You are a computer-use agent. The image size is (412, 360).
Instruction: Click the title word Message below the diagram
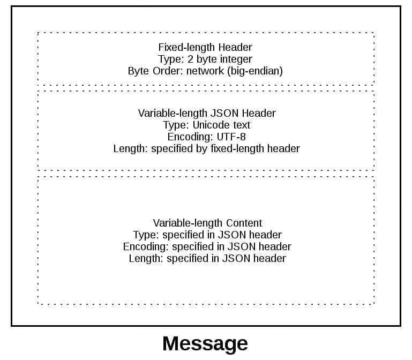pyautogui.click(x=205, y=343)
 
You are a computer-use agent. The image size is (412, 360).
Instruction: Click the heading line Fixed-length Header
pyautogui.click(x=205, y=47)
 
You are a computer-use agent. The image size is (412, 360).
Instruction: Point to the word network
pyautogui.click(x=203, y=71)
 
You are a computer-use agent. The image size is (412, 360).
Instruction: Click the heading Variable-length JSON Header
pyautogui.click(x=207, y=113)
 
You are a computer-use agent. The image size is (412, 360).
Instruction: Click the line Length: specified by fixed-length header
pyautogui.click(x=207, y=148)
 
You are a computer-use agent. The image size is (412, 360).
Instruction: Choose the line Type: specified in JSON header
pyautogui.click(x=207, y=235)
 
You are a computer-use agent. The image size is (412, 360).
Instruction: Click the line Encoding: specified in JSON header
pyautogui.click(x=207, y=246)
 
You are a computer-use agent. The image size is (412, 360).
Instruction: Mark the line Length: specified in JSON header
pyautogui.click(x=207, y=258)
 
